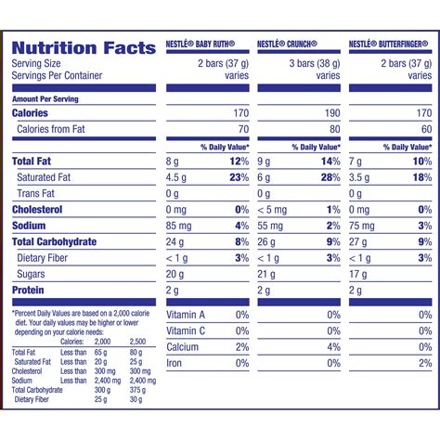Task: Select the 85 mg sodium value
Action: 178,225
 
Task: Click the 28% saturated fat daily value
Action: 329,177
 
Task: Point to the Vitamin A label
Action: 186,316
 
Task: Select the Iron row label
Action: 175,363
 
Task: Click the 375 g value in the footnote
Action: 136,390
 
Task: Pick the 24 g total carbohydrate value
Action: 175,241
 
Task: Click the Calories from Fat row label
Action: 55,130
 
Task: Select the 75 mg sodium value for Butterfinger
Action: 363,225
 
